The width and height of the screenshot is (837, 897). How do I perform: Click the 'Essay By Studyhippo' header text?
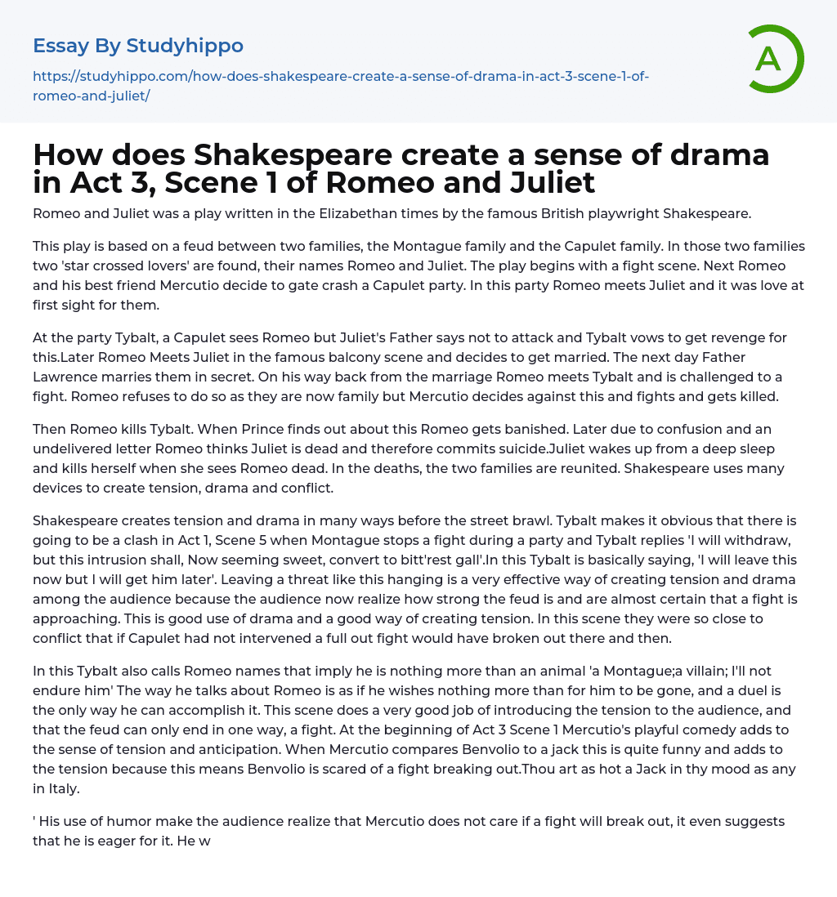pos(138,46)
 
